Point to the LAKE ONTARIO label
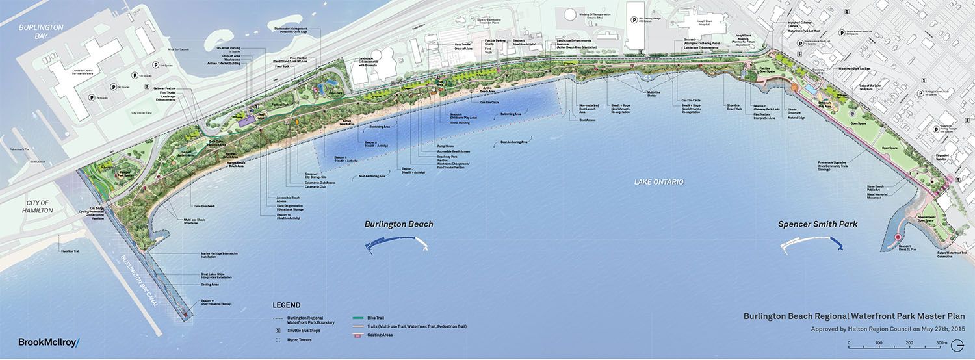point(658,182)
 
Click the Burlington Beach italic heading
point(399,224)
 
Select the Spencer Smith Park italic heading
point(818,224)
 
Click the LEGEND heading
point(286,305)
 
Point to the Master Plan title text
point(853,316)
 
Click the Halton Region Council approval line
point(889,329)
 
